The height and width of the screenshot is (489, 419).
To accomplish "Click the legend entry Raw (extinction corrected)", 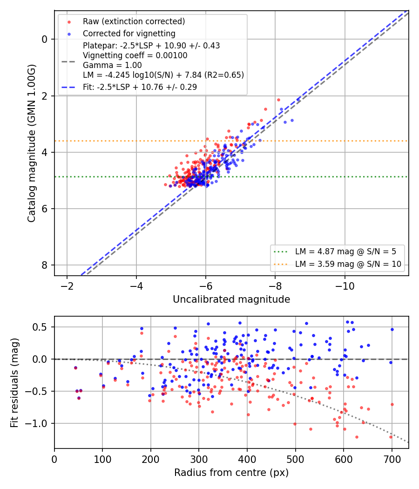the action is click(134, 21).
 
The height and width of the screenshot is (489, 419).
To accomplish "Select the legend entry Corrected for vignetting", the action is click(129, 34).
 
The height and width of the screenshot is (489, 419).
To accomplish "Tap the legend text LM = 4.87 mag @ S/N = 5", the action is click(345, 251).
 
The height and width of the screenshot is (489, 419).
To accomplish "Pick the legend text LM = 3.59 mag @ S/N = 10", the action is click(348, 264).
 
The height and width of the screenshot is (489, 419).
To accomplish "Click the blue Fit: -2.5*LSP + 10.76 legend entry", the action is click(140, 87).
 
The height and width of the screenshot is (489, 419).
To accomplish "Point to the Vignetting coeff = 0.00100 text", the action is click(135, 55).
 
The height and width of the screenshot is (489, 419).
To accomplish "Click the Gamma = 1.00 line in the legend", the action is click(112, 65).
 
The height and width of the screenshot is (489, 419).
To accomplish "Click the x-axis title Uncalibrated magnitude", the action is click(231, 299).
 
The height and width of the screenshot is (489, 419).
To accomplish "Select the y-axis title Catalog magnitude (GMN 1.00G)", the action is click(32, 143).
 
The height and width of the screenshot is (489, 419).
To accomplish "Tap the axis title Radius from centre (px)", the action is click(231, 473).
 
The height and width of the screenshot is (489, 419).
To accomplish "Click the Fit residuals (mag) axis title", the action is click(14, 383).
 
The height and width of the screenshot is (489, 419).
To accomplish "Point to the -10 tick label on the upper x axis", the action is click(345, 286).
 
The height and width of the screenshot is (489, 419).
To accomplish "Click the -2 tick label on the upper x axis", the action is click(67, 286).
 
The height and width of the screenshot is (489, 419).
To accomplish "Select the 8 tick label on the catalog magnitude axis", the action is click(45, 265).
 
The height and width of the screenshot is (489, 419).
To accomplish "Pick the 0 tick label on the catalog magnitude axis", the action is click(45, 39).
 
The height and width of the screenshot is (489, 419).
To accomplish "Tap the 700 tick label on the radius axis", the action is click(392, 459).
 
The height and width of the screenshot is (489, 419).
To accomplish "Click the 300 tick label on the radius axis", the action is click(199, 459).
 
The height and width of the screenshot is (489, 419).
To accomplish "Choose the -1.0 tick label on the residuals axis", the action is click(37, 423).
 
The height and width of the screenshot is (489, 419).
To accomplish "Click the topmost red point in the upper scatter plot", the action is click(279, 100).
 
